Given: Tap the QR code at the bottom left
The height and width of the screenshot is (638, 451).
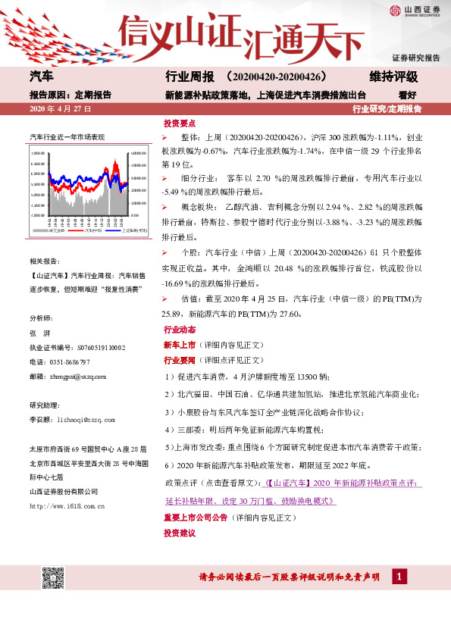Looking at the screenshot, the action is [52, 578].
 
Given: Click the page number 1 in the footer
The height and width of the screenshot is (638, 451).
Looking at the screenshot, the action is [396, 578].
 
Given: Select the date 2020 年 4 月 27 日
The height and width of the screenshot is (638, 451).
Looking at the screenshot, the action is [61, 110].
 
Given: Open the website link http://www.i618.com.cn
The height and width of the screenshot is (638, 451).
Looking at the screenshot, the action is [67, 504].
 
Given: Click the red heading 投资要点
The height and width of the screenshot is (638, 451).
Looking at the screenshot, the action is [180, 123].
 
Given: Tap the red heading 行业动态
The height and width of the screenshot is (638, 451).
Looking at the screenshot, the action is [180, 330].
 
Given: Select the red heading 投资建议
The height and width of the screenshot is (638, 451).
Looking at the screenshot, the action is [180, 533].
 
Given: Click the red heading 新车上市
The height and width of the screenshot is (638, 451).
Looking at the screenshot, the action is [180, 344].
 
